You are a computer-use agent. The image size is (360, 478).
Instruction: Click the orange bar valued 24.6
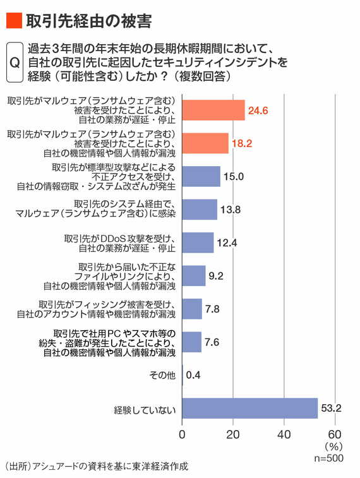[x=213, y=111]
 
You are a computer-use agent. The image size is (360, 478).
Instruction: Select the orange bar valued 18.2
[x=205, y=143]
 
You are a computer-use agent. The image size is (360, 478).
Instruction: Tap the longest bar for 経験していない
[x=249, y=408]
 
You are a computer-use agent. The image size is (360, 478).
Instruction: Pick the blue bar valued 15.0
[x=201, y=176]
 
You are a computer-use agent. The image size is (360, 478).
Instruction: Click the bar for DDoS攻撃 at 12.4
[x=198, y=242]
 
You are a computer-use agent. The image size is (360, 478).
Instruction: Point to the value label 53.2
[x=330, y=408]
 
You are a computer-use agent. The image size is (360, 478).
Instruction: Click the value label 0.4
[x=194, y=375]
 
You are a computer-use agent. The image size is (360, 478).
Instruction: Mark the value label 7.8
[x=215, y=309]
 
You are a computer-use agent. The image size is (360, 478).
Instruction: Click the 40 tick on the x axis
[x=284, y=434]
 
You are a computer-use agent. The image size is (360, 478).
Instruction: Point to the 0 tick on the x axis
[x=182, y=434]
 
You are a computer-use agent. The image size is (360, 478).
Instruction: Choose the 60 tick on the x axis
[x=335, y=434]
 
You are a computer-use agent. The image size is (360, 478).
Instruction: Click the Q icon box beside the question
[x=14, y=63]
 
